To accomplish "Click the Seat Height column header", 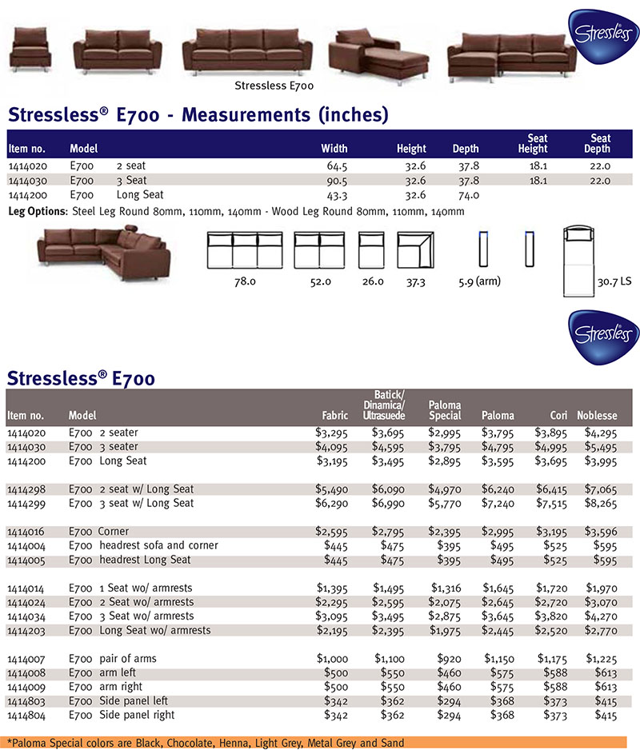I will [532, 143].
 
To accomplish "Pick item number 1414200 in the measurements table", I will [26, 194].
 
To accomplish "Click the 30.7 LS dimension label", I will [614, 282].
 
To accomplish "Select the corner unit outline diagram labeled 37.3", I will [415, 250].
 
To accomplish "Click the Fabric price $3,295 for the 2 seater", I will [332, 433].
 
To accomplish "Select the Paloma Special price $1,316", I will [445, 588].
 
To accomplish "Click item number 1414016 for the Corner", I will [26, 532].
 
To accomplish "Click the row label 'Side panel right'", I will [136, 715].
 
